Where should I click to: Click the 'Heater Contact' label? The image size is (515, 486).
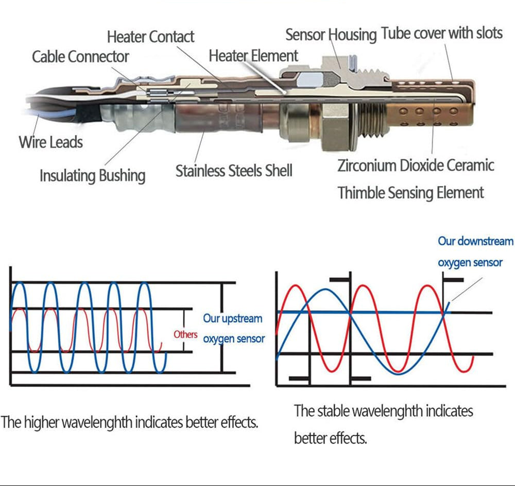coord(151,37)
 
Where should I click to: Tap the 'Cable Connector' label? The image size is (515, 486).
coord(80,57)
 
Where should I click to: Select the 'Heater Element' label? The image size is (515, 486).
coord(253,56)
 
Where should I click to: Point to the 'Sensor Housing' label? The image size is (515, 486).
coord(331,35)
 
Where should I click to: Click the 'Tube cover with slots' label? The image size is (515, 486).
coord(442,33)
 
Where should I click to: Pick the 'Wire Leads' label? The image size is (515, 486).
coord(51,142)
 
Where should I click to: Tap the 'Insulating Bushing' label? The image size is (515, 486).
coord(93,176)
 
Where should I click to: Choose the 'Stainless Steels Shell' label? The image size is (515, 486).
coord(234,171)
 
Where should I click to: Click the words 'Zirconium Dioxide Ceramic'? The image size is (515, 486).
coord(416,165)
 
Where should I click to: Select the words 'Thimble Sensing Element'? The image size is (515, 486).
coord(411,193)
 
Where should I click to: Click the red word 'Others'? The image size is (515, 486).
coord(185,334)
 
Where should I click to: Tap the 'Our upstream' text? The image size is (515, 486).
coord(233,319)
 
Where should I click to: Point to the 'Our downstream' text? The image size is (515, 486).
coord(475,241)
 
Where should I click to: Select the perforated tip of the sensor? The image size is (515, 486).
coord(430,115)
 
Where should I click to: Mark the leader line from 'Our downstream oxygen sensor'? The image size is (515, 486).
coord(467,289)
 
